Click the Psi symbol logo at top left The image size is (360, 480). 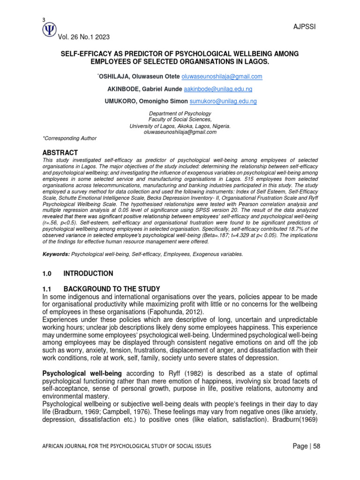(x=49, y=30)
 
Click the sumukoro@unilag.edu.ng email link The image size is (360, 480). (x=223, y=101)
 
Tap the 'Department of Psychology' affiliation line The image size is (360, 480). (x=180, y=114)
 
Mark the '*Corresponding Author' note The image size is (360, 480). (x=69, y=138)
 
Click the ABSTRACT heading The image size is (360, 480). (x=60, y=153)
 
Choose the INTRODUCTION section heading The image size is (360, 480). (x=88, y=273)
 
